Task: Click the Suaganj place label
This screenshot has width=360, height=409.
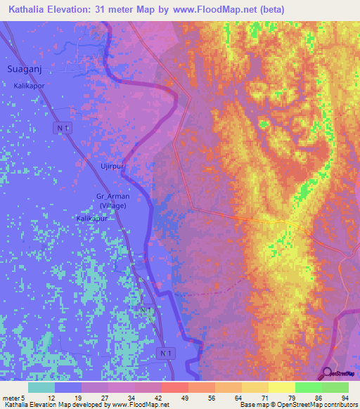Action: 25,69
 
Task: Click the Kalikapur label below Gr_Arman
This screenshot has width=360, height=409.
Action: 92,219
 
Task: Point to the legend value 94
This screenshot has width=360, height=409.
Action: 344,398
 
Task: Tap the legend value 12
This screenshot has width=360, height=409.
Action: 52,398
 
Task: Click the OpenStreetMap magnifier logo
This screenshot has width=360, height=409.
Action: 327,374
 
